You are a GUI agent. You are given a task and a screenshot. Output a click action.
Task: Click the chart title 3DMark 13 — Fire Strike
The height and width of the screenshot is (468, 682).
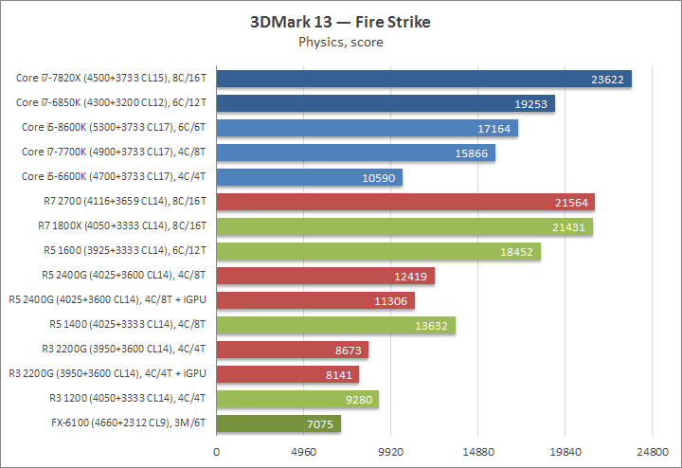pos(341,22)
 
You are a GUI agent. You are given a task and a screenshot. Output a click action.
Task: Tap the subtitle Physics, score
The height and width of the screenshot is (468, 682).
pos(341,42)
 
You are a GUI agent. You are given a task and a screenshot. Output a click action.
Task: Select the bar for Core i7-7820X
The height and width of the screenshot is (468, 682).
pos(423,80)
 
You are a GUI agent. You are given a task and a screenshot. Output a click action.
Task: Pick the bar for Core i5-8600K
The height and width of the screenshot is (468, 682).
pos(367,128)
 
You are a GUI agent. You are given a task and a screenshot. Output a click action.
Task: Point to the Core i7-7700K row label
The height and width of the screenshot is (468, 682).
pos(115,153)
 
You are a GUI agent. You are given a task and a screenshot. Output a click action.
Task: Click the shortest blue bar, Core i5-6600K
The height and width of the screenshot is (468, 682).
pos(309,177)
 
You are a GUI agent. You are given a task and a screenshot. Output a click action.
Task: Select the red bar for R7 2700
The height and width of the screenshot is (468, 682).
pos(405,202)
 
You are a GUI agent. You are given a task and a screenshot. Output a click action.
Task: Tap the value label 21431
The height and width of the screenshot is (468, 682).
pos(568,226)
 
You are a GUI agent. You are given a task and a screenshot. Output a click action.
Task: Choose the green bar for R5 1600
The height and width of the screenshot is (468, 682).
pos(378,251)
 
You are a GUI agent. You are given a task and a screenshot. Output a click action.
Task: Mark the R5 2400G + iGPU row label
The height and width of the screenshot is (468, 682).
pos(108,300)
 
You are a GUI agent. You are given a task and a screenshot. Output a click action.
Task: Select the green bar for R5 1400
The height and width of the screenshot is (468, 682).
pos(335,325)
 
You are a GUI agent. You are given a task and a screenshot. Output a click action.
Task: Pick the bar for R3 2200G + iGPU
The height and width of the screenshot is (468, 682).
pos(288,374)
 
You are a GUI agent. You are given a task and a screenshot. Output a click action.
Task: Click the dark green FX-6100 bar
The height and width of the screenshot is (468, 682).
pos(278,423)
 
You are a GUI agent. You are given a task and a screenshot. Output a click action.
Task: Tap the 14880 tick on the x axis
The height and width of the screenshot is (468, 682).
pos(477,452)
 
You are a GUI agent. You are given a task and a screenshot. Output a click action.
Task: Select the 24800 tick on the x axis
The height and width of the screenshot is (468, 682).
pos(652,452)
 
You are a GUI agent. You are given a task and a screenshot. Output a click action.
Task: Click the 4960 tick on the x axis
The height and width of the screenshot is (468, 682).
pos(303,452)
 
